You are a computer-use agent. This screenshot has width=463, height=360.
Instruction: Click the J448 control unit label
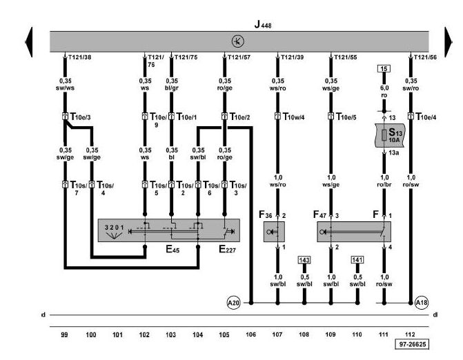[x=263, y=25]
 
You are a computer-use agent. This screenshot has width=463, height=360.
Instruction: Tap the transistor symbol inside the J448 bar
[x=237, y=41]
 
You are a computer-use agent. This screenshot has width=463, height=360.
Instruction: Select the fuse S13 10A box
[x=390, y=135]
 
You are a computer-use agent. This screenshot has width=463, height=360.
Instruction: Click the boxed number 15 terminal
[x=384, y=69]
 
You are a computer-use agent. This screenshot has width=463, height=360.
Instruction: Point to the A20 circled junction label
[x=233, y=303]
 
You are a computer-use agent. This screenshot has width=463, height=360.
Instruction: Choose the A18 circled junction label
[x=422, y=303]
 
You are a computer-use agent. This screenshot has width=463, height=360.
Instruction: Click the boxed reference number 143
[x=304, y=260]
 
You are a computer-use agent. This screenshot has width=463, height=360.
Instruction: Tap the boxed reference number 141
[x=357, y=260]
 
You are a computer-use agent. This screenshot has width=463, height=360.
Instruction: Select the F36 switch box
[x=274, y=232]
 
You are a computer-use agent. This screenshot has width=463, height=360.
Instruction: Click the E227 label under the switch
[x=227, y=250]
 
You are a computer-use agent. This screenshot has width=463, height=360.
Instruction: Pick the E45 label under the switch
[x=173, y=250]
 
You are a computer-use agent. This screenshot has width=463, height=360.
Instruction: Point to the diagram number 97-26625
[x=412, y=344]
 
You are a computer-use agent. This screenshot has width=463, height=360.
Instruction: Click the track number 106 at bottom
[x=250, y=334]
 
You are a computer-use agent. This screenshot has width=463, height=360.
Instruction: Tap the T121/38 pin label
[x=80, y=57]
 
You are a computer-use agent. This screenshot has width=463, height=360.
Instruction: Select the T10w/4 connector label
[x=293, y=117]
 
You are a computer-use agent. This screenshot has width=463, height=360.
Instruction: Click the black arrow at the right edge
[x=449, y=42]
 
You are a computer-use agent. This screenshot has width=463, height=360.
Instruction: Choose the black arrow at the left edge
[x=29, y=42]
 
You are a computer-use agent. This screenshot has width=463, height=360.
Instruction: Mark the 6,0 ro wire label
[x=384, y=92]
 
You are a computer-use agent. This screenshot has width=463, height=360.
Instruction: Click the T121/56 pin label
[x=425, y=57]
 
